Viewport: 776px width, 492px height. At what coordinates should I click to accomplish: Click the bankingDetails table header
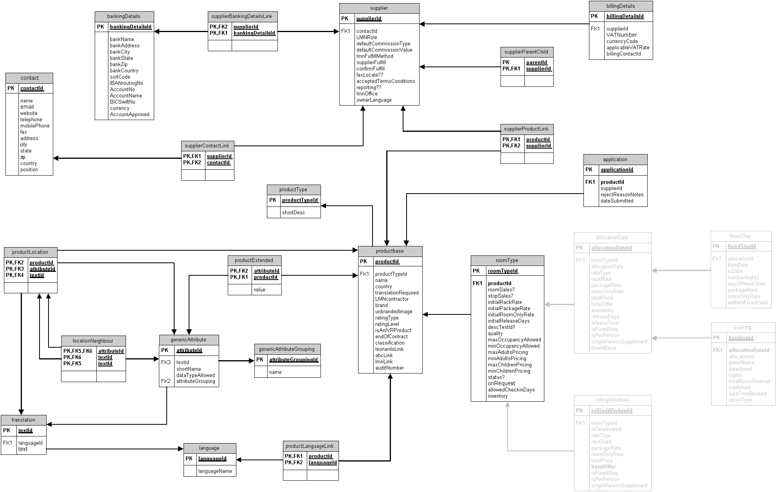[124, 16]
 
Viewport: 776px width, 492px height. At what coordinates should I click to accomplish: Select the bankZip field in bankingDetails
[119, 65]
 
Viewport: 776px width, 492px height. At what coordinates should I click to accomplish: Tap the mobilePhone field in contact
[35, 126]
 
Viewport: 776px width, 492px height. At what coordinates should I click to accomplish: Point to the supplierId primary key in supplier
[369, 19]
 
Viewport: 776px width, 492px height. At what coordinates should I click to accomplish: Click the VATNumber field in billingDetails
[621, 35]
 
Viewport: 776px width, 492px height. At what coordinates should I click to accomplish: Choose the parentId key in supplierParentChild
[537, 63]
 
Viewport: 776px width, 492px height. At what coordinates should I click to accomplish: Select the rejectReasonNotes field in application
[622, 195]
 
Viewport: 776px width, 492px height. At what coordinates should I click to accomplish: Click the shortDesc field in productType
[293, 213]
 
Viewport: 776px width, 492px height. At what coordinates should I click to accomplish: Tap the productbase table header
[390, 251]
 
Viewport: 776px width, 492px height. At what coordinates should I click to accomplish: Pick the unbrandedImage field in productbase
[393, 312]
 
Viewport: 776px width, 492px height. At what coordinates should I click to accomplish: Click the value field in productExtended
[259, 290]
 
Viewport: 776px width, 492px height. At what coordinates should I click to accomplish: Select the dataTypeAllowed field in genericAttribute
[195, 375]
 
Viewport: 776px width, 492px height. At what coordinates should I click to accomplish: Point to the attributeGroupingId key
[293, 360]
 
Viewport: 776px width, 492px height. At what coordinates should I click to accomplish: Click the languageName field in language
[215, 471]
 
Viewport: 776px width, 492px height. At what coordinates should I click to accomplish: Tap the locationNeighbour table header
[93, 341]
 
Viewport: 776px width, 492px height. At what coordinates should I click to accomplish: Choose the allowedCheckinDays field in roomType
[511, 390]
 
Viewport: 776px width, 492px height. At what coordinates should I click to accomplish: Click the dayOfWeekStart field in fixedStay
[746, 284]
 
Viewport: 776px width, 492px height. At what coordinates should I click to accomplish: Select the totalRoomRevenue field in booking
[749, 381]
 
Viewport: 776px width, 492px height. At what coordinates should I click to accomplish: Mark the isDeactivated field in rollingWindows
[606, 429]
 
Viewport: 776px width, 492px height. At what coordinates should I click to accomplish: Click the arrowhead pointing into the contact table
[56, 158]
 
